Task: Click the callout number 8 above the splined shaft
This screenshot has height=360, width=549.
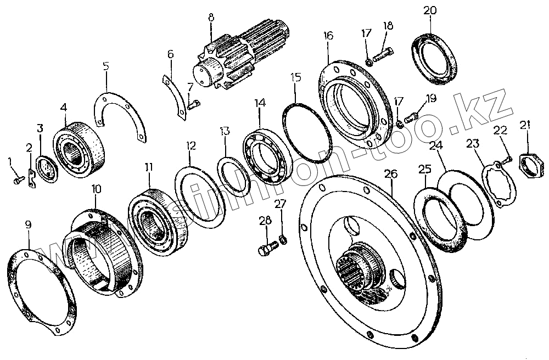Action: coord(210,17)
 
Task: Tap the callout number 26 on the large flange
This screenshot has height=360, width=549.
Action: coord(390,175)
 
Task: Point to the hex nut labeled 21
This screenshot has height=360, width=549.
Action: coord(531,164)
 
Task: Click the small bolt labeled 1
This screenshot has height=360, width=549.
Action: coord(18,178)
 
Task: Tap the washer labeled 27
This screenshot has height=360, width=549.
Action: coord(283,239)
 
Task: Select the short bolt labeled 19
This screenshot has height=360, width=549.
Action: coord(411,116)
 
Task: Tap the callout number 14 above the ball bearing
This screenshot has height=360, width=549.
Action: coord(259,103)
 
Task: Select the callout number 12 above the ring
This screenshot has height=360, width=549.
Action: coord(190,146)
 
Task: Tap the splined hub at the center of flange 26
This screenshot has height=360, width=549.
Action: coord(359,268)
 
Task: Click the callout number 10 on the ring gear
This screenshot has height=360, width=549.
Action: coord(96,189)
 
